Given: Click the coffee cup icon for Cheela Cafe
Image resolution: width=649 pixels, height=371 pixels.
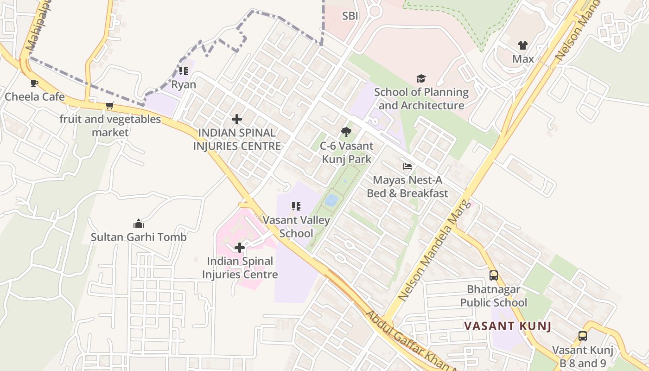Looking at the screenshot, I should tap(34, 83).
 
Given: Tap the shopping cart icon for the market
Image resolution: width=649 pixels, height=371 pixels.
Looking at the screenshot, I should tap(110, 105).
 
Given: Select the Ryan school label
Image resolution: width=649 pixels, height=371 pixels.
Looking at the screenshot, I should tap(184, 85).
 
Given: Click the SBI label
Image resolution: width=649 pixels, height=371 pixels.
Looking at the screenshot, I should tap(350, 16).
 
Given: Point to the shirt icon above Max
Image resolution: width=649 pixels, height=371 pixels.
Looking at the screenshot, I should tap(523, 45).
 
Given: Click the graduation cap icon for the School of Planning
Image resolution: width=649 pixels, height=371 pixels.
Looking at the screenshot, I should tap(421, 78).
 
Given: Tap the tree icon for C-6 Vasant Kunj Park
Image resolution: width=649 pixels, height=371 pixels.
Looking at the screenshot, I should tap(346, 133).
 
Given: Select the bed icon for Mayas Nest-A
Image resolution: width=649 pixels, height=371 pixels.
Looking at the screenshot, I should tap(407, 166).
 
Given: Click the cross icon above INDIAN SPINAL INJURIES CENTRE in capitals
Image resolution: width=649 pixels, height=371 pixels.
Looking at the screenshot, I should tap(237, 119).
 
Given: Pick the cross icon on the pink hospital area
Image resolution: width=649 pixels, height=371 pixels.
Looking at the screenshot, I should tap(240, 248).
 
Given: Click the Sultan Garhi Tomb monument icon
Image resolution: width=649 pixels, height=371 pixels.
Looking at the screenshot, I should tap(138, 224).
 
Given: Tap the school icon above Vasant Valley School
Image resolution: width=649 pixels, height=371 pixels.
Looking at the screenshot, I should tap(296, 206).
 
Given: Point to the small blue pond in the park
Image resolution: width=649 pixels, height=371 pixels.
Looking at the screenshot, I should tap(331, 200).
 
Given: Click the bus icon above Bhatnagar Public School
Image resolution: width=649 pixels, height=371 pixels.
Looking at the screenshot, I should tap(494, 275).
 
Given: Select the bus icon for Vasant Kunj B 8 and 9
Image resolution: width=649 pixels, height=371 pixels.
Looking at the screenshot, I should tap(583, 336).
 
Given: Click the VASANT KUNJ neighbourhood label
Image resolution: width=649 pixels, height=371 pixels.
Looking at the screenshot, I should tap(508, 326).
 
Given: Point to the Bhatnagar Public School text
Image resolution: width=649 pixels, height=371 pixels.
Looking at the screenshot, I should tap(494, 296).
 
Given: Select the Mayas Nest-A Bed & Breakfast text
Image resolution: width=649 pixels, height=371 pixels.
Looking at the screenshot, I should tap(407, 186).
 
